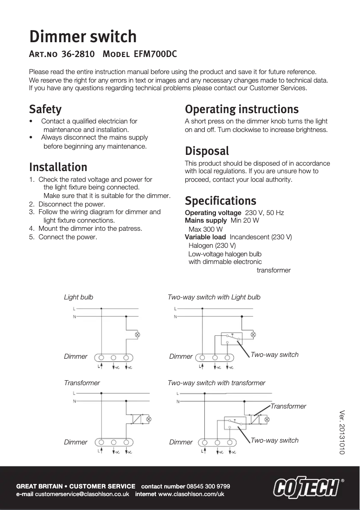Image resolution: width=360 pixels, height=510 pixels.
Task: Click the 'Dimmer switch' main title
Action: pos(83,36)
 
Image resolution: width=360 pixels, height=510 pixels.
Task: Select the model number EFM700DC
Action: pos(155,55)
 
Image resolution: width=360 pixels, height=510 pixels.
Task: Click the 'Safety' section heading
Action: pos(45,109)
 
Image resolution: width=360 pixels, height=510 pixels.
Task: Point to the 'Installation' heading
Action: pos(58,167)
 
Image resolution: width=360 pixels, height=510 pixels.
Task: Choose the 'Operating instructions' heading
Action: pos(241,109)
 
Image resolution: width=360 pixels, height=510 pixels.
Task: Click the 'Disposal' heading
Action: pos(207,151)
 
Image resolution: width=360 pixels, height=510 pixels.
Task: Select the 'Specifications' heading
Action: pos(220,201)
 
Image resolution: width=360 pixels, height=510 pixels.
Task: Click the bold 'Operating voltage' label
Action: pos(213,212)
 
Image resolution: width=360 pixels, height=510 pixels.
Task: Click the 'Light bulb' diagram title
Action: pos(79,297)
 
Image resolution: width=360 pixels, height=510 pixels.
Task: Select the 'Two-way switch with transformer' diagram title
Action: pos(216,383)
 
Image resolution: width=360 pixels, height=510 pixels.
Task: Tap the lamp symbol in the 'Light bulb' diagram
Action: pos(137,335)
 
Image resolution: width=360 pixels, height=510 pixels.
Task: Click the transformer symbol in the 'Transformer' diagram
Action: pos(136,419)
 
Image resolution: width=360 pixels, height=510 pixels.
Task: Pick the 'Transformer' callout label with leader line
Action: pos(288,406)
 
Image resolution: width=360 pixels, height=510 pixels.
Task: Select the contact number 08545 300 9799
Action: pos(208,486)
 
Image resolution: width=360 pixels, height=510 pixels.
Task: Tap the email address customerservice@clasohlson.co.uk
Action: pos(82,494)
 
